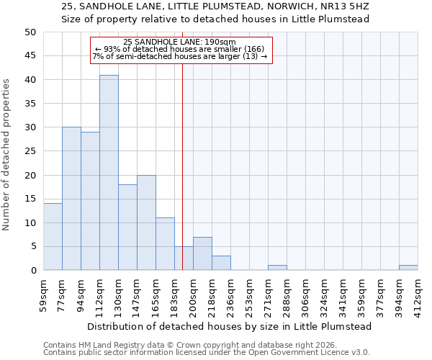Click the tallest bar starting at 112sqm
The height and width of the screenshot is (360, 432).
tap(109, 173)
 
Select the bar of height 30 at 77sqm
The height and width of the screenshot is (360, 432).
tap(71, 199)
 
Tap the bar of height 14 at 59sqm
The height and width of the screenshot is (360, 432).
tap(53, 237)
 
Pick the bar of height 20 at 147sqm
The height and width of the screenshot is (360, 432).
tap(146, 222)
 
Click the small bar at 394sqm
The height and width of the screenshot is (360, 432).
tap(408, 268)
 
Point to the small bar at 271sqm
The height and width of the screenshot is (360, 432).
tap(277, 268)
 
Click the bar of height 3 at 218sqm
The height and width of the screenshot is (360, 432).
tap(221, 263)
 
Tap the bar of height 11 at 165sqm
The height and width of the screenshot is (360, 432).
tap(165, 244)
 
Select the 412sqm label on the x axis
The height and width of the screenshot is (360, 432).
tap(418, 295)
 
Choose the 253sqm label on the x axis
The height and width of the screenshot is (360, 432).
tap(250, 295)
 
